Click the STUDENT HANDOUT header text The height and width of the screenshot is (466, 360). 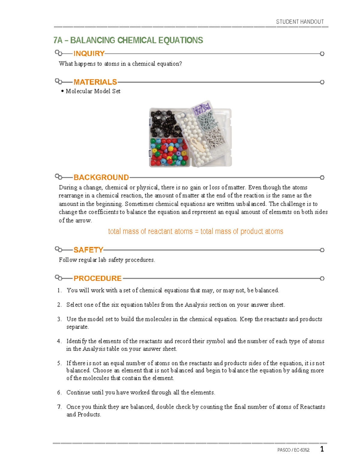pos(300,22)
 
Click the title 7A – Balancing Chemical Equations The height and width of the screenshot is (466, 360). pos(128,40)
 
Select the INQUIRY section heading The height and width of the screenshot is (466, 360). pos(89,53)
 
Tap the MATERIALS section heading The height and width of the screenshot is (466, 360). pos(95,82)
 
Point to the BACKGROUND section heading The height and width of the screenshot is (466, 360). pos(101,177)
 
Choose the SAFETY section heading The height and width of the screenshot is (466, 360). pos(88,250)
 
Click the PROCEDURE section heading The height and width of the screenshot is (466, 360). pos(97,278)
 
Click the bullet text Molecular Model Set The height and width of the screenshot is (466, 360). pos(93,91)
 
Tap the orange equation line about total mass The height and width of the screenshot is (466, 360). pos(195,231)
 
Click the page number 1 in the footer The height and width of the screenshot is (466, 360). pos(322,449)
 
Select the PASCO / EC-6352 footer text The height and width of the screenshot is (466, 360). pos(293,450)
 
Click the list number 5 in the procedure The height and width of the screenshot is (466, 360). pos(59,363)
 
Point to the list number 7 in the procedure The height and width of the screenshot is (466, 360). pos(59,407)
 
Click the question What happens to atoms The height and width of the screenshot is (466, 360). pos(120,64)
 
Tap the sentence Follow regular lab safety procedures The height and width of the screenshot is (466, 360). pos(107,260)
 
